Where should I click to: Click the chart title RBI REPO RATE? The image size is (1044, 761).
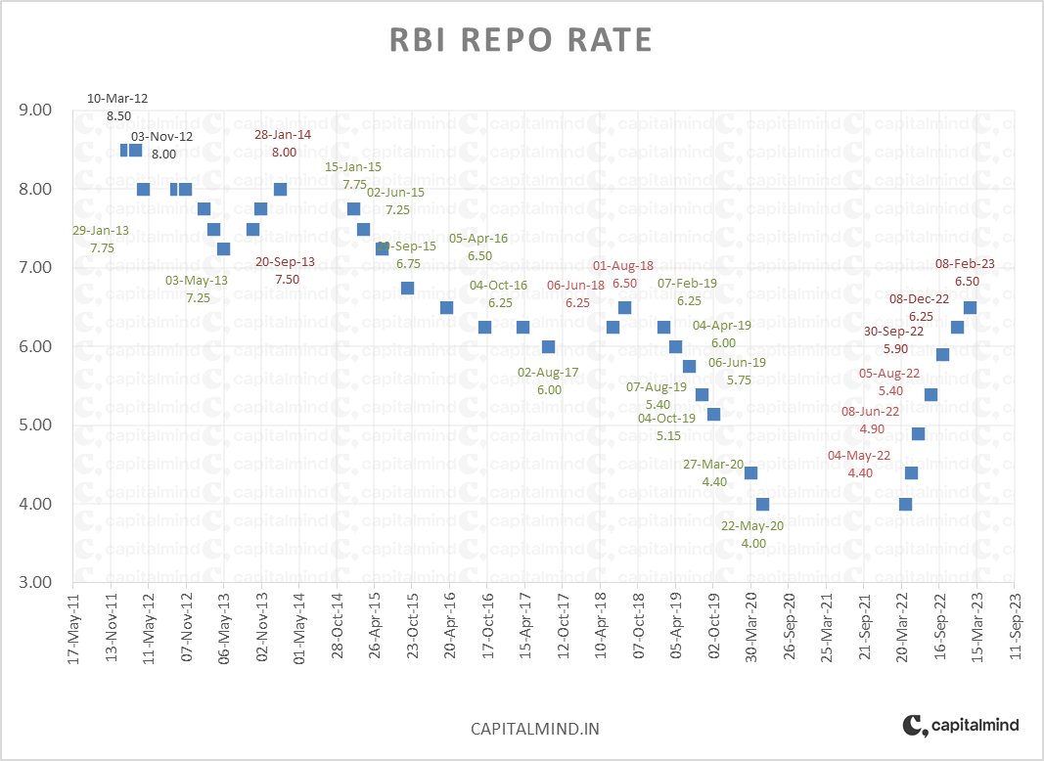coord(521,39)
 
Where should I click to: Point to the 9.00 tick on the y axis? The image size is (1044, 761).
coord(35,111)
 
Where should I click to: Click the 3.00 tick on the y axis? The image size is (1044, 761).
coord(35,582)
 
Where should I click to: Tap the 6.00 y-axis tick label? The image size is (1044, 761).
coord(35,346)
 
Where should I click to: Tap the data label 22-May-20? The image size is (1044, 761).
coord(752,525)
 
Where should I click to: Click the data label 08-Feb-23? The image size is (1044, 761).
coord(965,263)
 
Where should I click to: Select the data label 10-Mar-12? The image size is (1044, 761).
coord(117,99)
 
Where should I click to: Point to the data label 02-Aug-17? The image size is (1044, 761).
coord(549,373)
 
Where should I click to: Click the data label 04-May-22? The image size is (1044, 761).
coord(859,456)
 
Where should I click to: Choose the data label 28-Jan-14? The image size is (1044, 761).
coord(283,135)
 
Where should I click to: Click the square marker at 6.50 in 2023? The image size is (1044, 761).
coord(970,307)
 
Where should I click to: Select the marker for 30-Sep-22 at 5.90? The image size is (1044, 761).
coord(942,354)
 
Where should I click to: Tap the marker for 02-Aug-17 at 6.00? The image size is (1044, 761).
coord(548,346)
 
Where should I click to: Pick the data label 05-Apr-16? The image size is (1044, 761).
coord(478,238)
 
